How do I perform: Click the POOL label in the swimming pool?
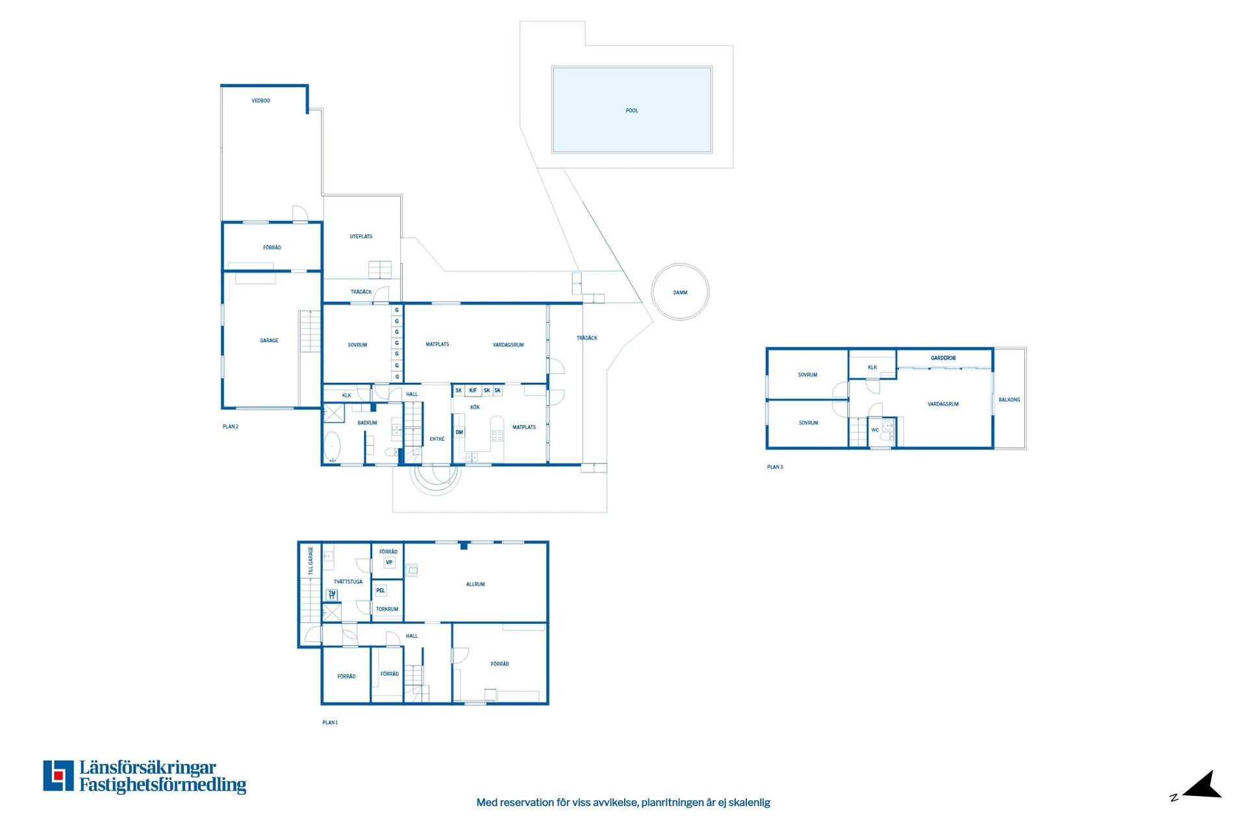(x=632, y=110)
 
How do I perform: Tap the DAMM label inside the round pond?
(x=680, y=293)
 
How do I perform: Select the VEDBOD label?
(x=261, y=101)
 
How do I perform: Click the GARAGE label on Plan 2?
(x=269, y=340)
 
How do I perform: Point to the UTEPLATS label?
(x=361, y=236)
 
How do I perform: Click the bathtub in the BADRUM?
(x=333, y=447)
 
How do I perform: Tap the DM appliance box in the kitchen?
(x=459, y=432)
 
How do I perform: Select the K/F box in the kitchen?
(x=473, y=391)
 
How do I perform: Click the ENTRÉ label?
(x=437, y=439)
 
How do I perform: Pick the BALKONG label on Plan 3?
(x=1009, y=400)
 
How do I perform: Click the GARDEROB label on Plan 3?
(x=943, y=358)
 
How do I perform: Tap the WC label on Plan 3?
(x=875, y=430)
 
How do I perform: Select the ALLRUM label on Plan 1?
(x=475, y=584)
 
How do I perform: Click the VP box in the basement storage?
(x=389, y=563)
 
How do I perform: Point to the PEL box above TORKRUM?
(x=381, y=591)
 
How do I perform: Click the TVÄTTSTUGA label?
(x=348, y=582)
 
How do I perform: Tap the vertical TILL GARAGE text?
(x=310, y=561)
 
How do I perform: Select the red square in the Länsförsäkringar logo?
(x=58, y=775)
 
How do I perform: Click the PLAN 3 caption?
(x=775, y=467)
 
